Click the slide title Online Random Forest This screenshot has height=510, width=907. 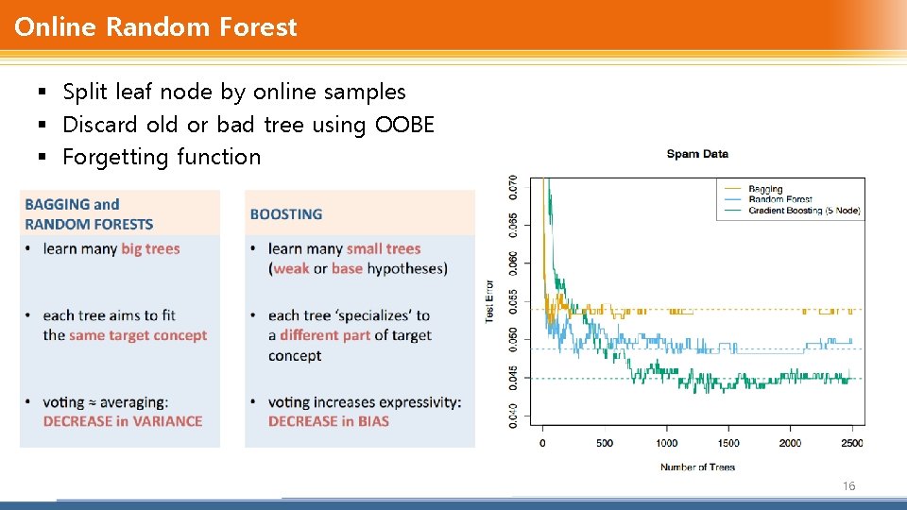[156, 26]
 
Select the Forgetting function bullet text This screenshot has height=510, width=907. [162, 157]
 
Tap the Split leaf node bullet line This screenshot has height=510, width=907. [233, 92]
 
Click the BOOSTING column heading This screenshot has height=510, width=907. [285, 214]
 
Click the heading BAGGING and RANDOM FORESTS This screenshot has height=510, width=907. [89, 214]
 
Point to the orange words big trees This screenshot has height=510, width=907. [150, 248]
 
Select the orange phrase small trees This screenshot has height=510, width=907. [383, 248]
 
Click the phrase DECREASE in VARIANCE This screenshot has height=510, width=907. [123, 421]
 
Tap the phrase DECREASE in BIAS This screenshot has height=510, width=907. [328, 421]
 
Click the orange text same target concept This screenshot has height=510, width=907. [138, 335]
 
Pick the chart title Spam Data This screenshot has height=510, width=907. [697, 154]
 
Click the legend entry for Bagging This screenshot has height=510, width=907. [765, 189]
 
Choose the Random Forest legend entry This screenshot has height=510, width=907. [779, 199]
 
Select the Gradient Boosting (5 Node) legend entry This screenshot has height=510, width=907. [804, 211]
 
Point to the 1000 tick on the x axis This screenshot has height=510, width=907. [666, 443]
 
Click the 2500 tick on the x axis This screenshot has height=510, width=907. [851, 443]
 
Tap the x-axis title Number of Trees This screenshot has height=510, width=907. [697, 467]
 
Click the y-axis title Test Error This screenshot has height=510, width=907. [489, 300]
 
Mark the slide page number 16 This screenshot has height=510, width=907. [848, 485]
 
